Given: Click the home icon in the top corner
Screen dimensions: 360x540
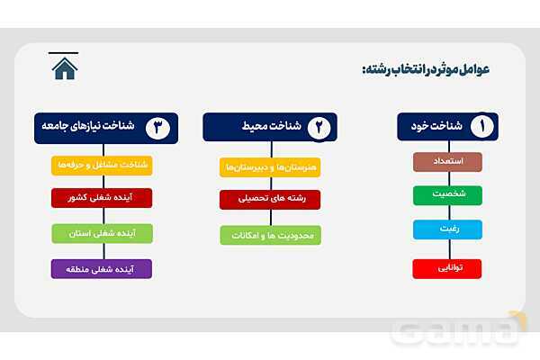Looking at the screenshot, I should pyautogui.click(x=65, y=67).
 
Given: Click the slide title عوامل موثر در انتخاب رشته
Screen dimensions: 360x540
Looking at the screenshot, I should pyautogui.click(x=426, y=69).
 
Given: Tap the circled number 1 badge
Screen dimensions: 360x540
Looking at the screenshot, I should pyautogui.click(x=481, y=127).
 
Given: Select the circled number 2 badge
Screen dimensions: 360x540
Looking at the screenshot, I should pyautogui.click(x=319, y=127).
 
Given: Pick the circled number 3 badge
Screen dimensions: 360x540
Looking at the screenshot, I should pyautogui.click(x=158, y=127).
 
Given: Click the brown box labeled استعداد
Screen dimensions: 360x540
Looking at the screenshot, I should pyautogui.click(x=447, y=162).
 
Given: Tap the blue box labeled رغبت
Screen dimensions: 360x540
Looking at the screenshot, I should pyautogui.click(x=447, y=229).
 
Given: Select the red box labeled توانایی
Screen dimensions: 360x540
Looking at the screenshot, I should pyautogui.click(x=447, y=268).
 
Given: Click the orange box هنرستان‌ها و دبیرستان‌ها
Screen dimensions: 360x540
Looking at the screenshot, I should pyautogui.click(x=270, y=167).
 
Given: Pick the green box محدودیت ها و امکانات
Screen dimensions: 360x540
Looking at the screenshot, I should pyautogui.click(x=270, y=235).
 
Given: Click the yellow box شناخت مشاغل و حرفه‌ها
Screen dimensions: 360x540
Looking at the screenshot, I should pyautogui.click(x=102, y=166).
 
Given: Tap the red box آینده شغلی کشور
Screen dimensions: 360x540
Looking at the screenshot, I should pyautogui.click(x=102, y=198).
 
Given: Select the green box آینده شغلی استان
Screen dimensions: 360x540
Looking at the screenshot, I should pyautogui.click(x=102, y=234).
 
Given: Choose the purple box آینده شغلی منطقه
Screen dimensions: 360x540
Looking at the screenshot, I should pyautogui.click(x=102, y=268).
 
